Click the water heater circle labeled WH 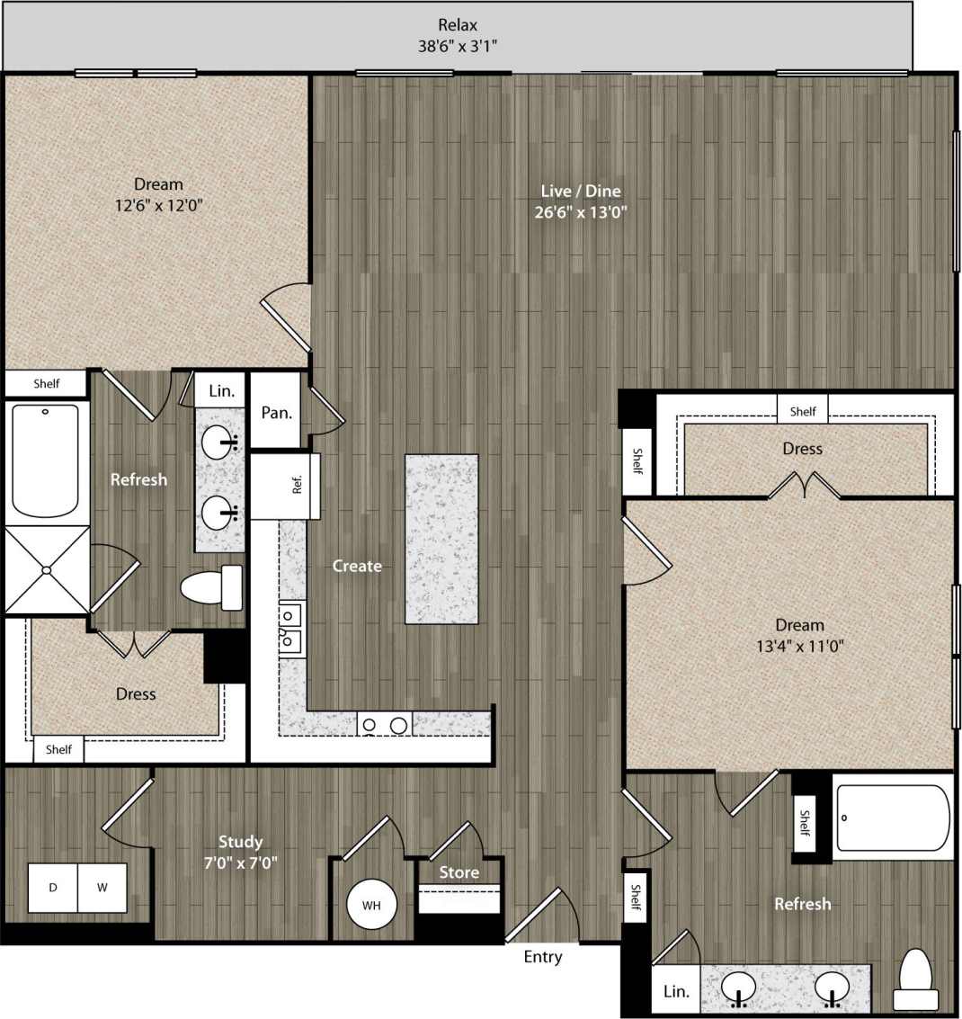coord(372,905)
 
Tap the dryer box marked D coord(52,888)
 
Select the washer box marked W coord(102,888)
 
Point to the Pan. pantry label coord(276,413)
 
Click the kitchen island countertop coord(441,539)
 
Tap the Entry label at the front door coord(543,957)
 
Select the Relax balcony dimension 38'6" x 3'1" coord(458,46)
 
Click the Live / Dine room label coord(581,191)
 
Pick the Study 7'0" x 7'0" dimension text coord(241,863)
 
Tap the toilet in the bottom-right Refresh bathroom coord(916,980)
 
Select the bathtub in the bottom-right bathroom coord(893,818)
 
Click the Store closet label coord(459,872)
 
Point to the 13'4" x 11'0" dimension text coord(799,646)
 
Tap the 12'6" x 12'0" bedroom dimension coord(158,205)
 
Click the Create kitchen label coord(357,566)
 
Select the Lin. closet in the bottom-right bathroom coord(676,991)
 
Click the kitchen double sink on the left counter coord(290,628)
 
